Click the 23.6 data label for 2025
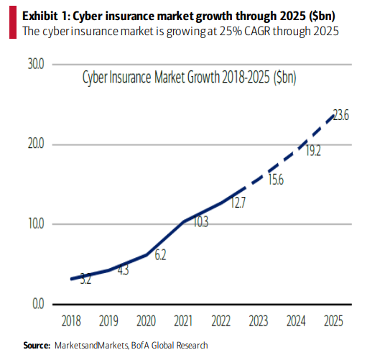pos(340,116)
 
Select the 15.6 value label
pos(276,180)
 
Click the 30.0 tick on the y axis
pos(36,64)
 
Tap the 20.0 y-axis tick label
pos(36,144)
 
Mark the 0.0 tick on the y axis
pos(37,304)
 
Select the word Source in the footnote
pos(35,346)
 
